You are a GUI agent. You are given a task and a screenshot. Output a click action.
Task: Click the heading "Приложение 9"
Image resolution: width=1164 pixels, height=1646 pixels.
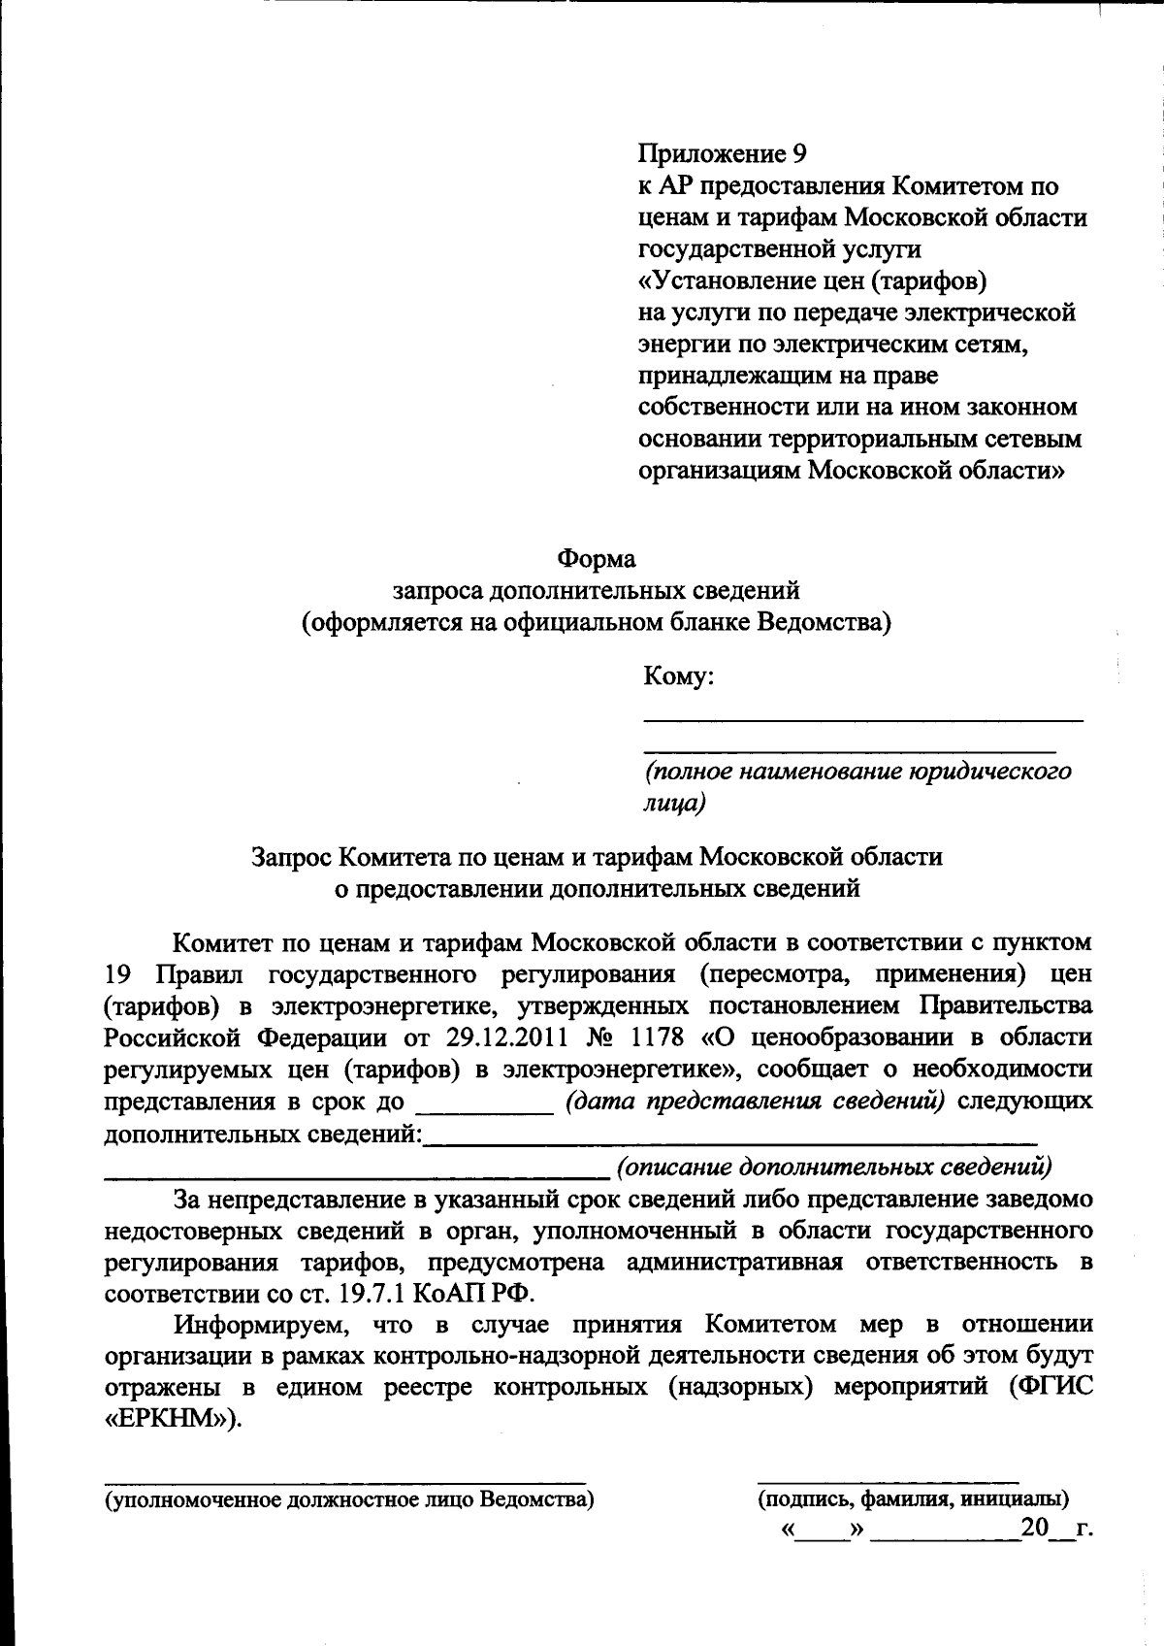click(722, 153)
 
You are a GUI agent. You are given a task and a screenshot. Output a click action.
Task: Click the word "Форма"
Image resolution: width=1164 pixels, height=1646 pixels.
click(596, 559)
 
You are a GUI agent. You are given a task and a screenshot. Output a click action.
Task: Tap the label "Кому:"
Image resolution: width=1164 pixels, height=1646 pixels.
click(679, 676)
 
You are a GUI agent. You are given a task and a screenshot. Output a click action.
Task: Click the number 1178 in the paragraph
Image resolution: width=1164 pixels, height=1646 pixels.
click(661, 1037)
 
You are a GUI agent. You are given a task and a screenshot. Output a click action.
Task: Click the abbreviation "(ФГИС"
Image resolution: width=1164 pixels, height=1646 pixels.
click(1051, 1387)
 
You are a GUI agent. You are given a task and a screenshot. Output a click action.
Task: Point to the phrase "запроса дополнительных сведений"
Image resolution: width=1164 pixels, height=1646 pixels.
click(596, 590)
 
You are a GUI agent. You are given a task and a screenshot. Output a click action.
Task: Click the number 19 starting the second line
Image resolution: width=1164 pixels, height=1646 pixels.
click(117, 973)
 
